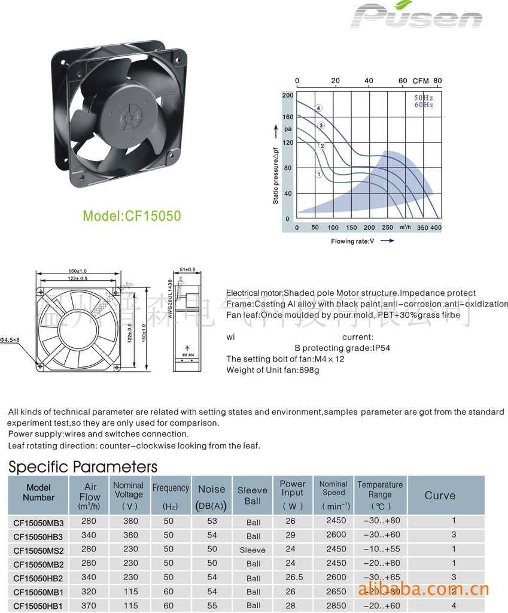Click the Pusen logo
point(417,16)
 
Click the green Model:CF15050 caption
point(132,216)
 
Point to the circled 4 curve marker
point(319,108)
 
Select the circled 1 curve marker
point(319,174)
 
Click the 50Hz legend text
point(424,97)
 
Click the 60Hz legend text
point(424,105)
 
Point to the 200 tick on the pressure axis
point(288,96)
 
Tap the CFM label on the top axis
point(421,81)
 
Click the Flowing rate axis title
point(353,241)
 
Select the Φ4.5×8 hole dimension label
point(10,340)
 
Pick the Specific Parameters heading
point(83,467)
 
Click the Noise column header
point(212,496)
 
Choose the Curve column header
point(440,496)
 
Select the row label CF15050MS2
point(38,550)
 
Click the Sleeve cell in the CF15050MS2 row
point(253,550)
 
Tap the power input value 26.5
point(291,577)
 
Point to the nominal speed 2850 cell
point(336,606)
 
